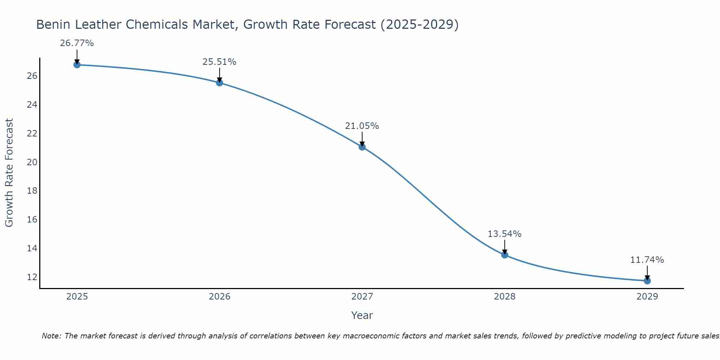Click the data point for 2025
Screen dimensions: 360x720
coord(77,65)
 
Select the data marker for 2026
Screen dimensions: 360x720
coord(220,83)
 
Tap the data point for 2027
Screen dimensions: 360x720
coord(362,147)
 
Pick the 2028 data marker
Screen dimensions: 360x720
coord(505,255)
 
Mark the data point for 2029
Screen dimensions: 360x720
coord(647,281)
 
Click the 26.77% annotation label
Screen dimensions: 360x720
coord(77,44)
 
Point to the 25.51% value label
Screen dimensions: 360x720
coord(219,62)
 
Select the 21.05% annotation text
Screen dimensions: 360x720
coord(362,126)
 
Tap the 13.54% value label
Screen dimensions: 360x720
coord(504,234)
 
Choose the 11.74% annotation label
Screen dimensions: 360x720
coord(647,260)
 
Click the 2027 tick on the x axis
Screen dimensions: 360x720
coord(362,297)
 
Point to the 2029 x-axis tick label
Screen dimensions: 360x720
coord(647,297)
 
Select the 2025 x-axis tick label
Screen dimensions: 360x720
coord(77,297)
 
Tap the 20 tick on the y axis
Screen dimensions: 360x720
coord(32,162)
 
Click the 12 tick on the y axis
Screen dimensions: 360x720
coord(32,277)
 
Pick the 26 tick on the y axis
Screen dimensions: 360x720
coord(32,76)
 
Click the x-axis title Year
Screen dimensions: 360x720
coord(362,315)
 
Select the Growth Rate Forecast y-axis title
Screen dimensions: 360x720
coord(9,172)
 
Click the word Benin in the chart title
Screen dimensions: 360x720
coord(51,25)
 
